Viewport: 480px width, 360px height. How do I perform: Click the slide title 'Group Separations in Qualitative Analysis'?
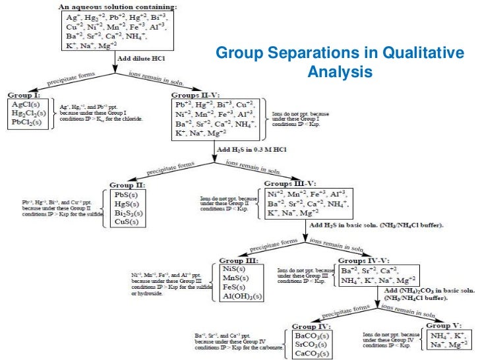340,60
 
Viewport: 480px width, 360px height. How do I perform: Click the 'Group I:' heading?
25,95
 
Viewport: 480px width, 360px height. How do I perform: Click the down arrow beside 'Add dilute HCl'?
112,61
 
